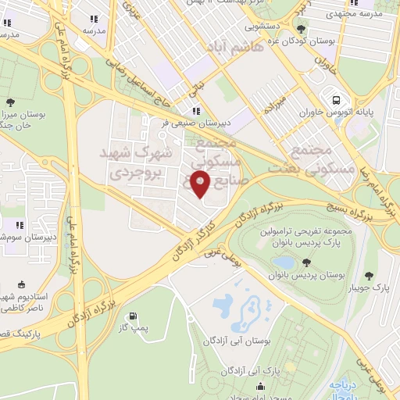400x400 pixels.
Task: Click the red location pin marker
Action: coord(201,184)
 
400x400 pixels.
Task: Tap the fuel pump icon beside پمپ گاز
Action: coord(133,317)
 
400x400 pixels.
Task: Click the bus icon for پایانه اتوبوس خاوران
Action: coord(336,101)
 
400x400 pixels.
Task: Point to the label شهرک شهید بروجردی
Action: coord(137,161)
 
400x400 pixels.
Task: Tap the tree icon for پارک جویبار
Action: coord(370,275)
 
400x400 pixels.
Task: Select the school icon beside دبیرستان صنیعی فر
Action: coord(196,111)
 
